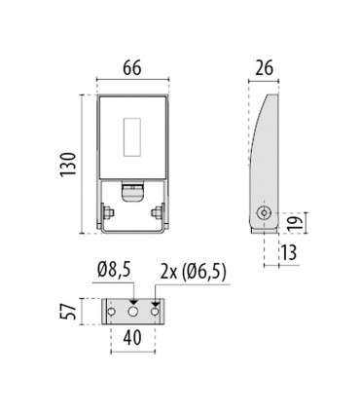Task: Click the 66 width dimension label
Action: click(x=132, y=68)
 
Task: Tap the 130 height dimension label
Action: click(x=68, y=164)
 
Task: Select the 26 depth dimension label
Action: click(x=264, y=68)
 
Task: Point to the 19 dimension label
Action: click(x=296, y=223)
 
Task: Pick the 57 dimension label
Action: click(x=69, y=312)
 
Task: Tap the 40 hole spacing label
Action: click(x=132, y=337)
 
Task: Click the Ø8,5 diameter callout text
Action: click(x=114, y=270)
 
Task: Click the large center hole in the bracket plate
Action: click(x=133, y=312)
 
